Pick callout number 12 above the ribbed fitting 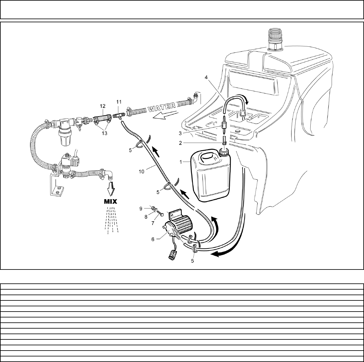103,106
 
